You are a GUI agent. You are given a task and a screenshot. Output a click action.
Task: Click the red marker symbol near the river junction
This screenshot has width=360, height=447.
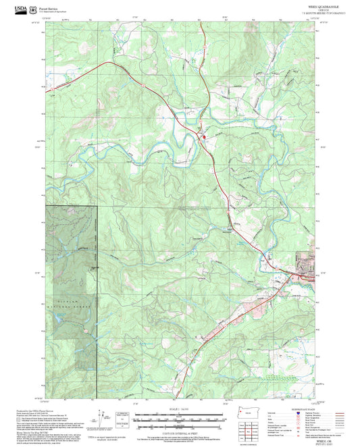tap(205, 138)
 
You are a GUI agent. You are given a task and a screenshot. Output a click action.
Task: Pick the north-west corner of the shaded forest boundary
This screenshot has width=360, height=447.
tap(47, 205)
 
